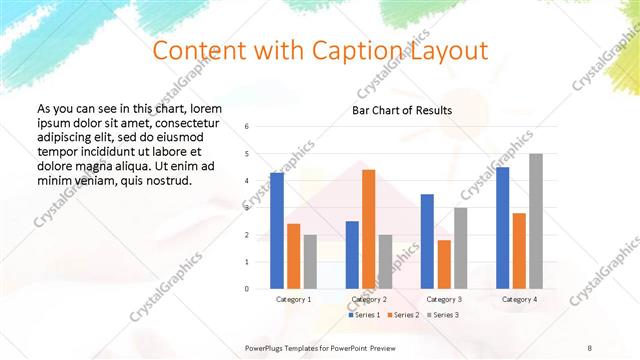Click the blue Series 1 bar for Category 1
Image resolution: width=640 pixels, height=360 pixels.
[x=277, y=231]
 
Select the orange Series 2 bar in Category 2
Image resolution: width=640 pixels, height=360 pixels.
[x=368, y=229]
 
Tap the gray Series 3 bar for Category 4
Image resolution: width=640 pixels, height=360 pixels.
[x=536, y=221]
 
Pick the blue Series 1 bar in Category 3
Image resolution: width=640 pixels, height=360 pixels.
[x=427, y=241]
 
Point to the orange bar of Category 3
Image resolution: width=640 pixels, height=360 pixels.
[x=444, y=264]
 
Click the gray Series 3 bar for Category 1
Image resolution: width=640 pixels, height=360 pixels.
[x=310, y=262]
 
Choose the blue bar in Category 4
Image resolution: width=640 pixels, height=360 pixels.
[x=503, y=228]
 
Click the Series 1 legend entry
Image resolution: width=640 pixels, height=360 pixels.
[x=364, y=315]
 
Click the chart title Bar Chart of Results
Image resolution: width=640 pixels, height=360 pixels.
[x=401, y=110]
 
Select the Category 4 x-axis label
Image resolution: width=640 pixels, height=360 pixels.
[x=519, y=299]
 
